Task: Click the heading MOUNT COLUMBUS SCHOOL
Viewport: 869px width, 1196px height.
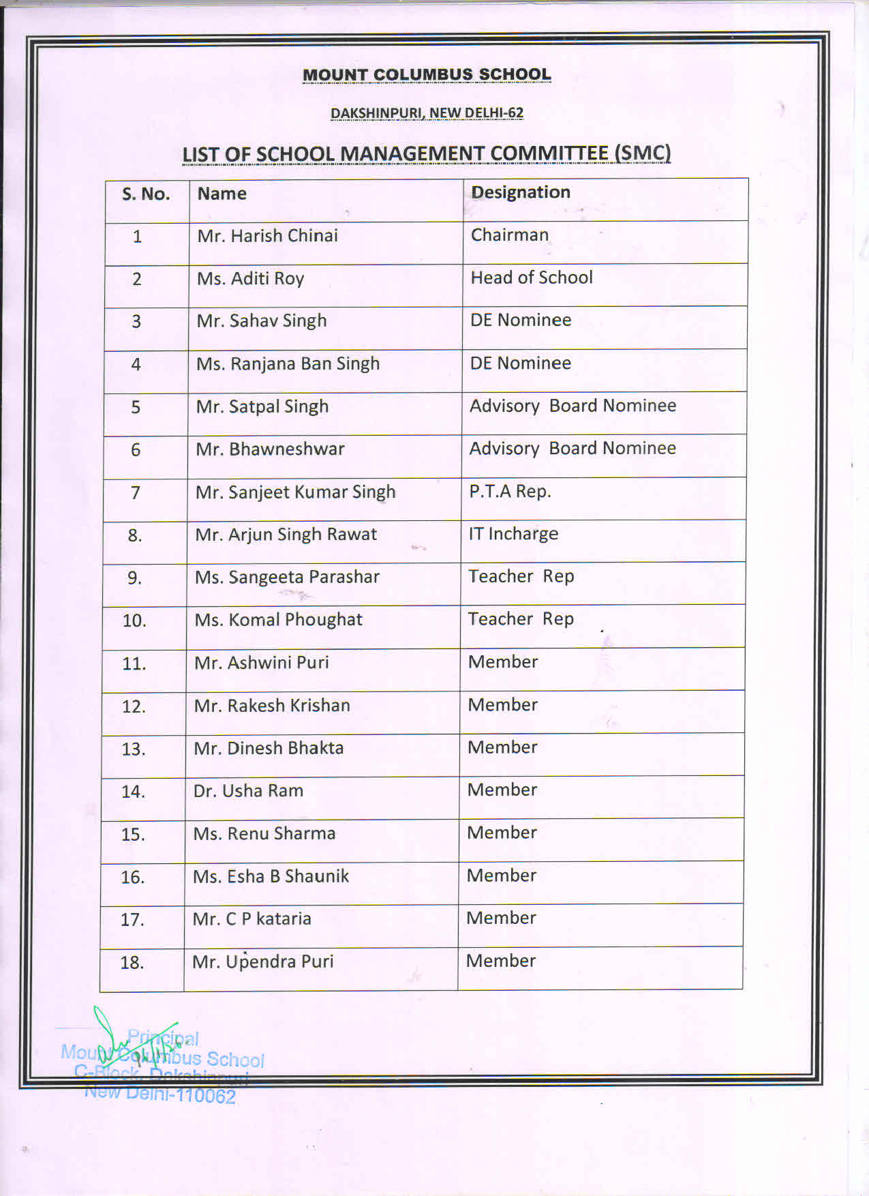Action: pyautogui.click(x=427, y=75)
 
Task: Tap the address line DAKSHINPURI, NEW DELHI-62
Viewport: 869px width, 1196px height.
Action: pyautogui.click(x=427, y=113)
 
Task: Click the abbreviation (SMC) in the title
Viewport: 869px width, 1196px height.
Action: pyautogui.click(x=642, y=153)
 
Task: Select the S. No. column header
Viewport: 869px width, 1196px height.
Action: pyautogui.click(x=146, y=194)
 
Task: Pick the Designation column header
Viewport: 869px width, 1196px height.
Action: pyautogui.click(x=521, y=193)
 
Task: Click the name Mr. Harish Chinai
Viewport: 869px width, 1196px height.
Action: pyautogui.click(x=267, y=236)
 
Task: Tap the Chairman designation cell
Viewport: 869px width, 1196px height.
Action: pyautogui.click(x=510, y=235)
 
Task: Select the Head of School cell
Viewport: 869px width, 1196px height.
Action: pyautogui.click(x=532, y=278)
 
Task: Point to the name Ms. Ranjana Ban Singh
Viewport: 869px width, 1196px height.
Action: pyautogui.click(x=288, y=364)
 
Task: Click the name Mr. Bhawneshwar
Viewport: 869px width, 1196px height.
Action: pyautogui.click(x=270, y=449)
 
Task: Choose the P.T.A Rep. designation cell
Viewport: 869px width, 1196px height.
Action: pyautogui.click(x=510, y=492)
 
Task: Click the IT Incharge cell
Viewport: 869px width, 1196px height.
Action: pyautogui.click(x=513, y=534)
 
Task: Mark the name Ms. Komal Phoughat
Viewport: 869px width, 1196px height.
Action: pyautogui.click(x=278, y=620)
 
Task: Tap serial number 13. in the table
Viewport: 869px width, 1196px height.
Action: pyautogui.click(x=134, y=749)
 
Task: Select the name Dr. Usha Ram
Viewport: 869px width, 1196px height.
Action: pyautogui.click(x=248, y=791)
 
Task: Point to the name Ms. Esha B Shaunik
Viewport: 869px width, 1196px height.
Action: pyautogui.click(x=271, y=876)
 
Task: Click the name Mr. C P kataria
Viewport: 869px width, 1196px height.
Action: pyautogui.click(x=251, y=919)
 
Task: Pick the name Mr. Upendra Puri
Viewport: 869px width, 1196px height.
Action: pyautogui.click(x=262, y=962)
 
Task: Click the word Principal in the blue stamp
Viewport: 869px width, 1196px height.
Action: pyautogui.click(x=164, y=1039)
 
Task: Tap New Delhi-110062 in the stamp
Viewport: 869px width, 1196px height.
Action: pyautogui.click(x=161, y=1094)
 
